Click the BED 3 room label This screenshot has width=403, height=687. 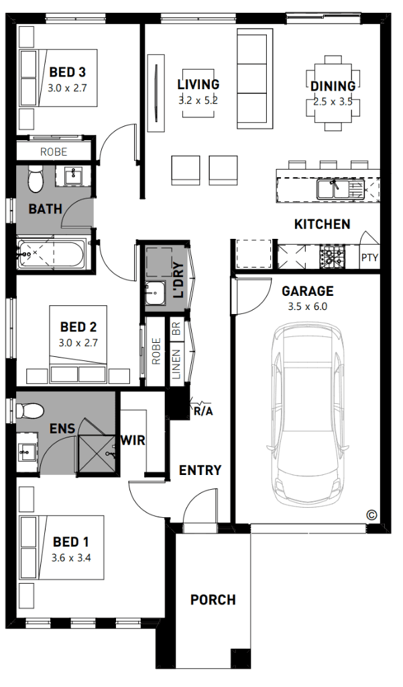click(68, 72)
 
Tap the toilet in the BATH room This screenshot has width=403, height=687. click(36, 179)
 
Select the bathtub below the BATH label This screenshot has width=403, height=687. click(52, 254)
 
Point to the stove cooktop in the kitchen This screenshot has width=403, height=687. click(333, 256)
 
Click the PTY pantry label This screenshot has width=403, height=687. click(369, 258)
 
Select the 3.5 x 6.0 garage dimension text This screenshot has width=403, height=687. click(308, 307)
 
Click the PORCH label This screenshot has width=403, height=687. click(213, 599)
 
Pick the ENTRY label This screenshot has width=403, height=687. click(200, 470)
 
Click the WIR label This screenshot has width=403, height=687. click(133, 440)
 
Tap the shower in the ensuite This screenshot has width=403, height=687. click(98, 454)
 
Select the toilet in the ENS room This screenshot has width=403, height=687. click(30, 411)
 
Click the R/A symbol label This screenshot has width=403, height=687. click(203, 412)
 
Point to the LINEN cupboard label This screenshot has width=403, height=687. click(176, 364)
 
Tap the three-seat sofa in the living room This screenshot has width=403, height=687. click(255, 79)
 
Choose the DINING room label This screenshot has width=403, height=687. click(333, 87)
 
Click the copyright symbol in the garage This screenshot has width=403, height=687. click(371, 515)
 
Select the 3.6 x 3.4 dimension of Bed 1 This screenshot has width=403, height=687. click(71, 558)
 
